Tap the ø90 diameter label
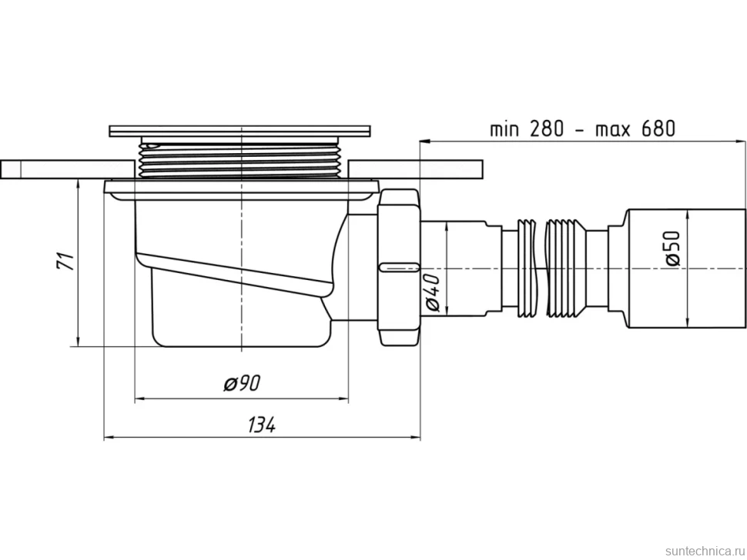tap(243, 382)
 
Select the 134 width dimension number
tap(262, 425)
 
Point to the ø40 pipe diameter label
tap(433, 293)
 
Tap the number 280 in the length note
tap(545, 128)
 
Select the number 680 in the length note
tap(658, 128)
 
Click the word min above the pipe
tap(505, 129)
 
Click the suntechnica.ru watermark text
tap(705, 551)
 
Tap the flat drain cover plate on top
tap(240, 131)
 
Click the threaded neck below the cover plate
tap(240, 159)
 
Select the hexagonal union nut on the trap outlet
tap(398, 268)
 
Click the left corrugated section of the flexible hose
tap(526, 268)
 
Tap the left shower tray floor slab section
tap(67, 169)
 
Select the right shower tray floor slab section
tap(415, 169)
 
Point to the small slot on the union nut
tap(398, 265)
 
